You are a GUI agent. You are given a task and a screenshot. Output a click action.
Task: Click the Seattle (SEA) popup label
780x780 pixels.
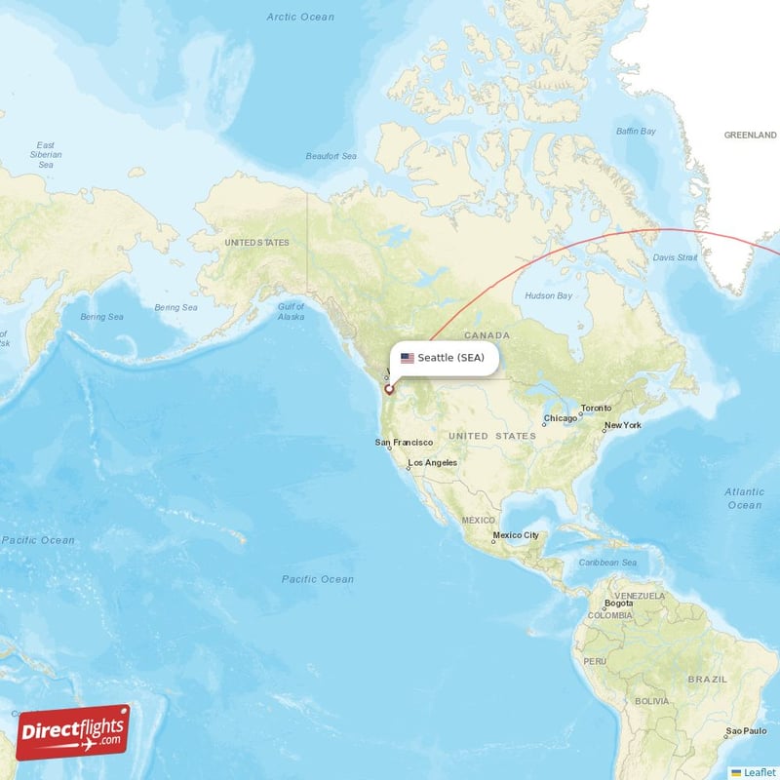tap(450, 358)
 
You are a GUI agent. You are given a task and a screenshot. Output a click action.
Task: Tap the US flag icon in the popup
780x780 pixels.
tap(408, 358)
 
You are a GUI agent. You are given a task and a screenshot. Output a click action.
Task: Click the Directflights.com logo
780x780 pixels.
tap(73, 731)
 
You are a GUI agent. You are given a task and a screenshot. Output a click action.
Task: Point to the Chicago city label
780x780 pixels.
tap(561, 418)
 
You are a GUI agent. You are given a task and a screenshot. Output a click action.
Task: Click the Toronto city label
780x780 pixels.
tap(596, 408)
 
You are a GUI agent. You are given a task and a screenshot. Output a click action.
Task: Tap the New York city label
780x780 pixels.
tap(622, 425)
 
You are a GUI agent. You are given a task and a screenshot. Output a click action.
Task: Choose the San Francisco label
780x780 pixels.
tap(404, 443)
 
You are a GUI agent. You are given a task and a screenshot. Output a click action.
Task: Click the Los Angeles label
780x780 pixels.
tap(432, 462)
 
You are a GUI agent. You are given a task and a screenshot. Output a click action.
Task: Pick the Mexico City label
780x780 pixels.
tap(516, 535)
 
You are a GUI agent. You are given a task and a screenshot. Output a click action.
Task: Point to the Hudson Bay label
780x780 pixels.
tap(549, 295)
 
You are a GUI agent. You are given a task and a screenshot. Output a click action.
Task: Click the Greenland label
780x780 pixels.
tap(750, 136)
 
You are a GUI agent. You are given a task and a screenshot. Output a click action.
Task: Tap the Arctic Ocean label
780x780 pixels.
tap(300, 17)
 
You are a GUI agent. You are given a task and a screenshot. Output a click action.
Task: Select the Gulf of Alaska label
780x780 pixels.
tap(291, 312)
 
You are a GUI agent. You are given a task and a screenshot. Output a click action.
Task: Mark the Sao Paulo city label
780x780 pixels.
tap(746, 730)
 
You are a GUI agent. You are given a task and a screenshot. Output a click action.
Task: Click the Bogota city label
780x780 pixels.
tap(618, 604)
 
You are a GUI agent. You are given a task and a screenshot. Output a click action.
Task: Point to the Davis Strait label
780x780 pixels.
tap(675, 257)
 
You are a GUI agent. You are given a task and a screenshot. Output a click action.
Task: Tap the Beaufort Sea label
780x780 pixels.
tap(331, 156)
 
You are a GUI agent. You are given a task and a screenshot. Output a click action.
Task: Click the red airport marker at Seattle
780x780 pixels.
tap(389, 389)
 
